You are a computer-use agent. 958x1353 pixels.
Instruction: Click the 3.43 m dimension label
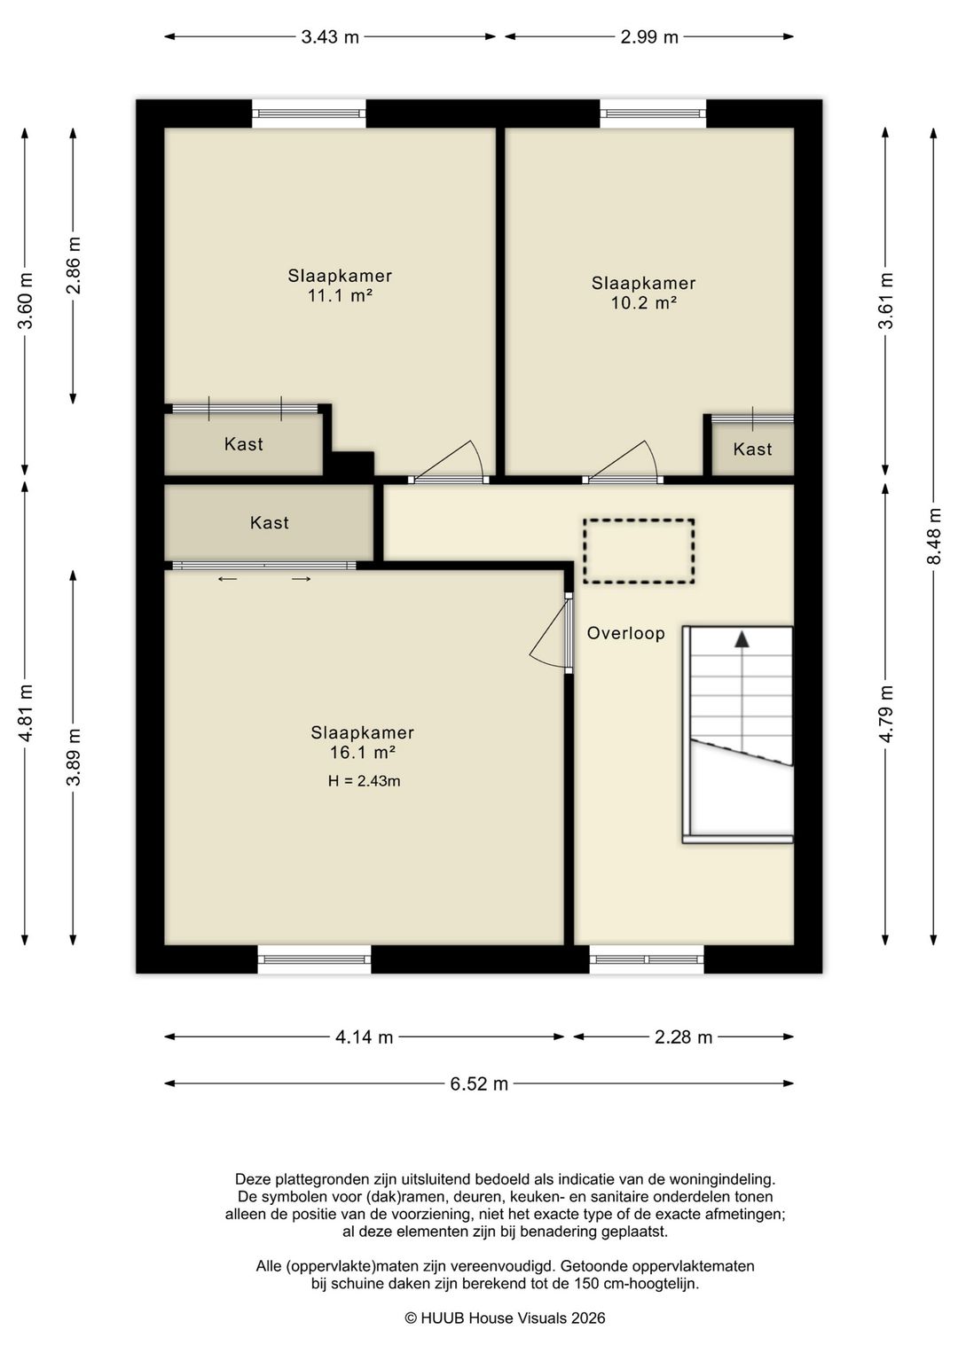[x=330, y=37]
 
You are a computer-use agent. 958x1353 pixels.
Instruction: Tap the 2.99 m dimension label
[x=649, y=37]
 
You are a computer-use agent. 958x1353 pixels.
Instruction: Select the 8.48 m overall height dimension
[x=934, y=536]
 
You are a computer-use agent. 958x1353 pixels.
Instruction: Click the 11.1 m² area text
[x=339, y=296]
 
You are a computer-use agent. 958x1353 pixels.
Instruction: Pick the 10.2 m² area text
[x=643, y=302]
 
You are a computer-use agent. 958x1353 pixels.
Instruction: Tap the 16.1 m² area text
[x=363, y=753]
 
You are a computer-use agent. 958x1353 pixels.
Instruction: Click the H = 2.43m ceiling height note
[x=364, y=781]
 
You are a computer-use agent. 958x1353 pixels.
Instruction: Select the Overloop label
[x=625, y=633]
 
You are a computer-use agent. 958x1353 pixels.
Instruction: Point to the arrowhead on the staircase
[x=741, y=639]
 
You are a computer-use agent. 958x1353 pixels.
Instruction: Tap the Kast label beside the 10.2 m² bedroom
[x=752, y=450]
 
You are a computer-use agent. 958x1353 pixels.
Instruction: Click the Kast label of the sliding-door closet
[x=270, y=522]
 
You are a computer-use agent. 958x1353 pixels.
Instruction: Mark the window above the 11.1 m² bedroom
[x=309, y=114]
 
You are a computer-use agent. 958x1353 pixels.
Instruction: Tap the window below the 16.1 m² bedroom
[x=314, y=959]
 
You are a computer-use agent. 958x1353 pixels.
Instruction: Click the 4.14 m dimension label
[x=364, y=1037]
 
